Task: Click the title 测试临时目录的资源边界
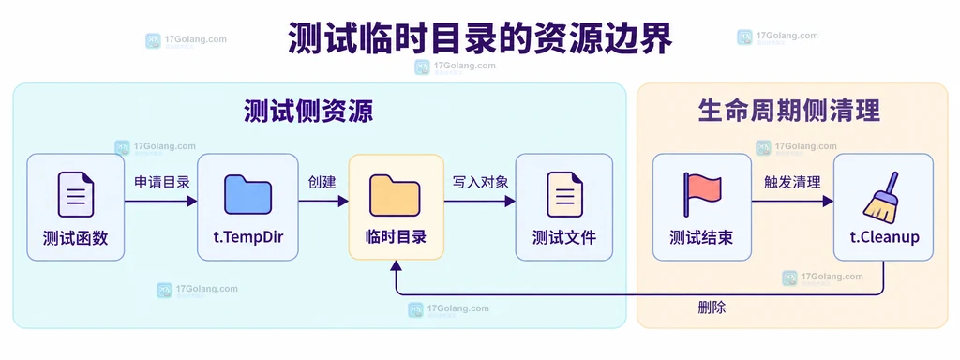[480, 38]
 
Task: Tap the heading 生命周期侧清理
[789, 112]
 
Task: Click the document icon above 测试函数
[76, 195]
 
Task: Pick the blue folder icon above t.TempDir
[247, 195]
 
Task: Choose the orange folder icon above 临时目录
[396, 195]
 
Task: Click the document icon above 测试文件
[564, 195]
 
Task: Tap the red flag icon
[701, 194]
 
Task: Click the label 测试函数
[76, 238]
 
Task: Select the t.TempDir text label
[247, 237]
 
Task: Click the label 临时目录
[396, 237]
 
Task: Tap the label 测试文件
[564, 237]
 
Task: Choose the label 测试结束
[701, 237]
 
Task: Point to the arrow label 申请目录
[162, 182]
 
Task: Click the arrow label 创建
[322, 182]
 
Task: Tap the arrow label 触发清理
[792, 182]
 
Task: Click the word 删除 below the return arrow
[712, 307]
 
